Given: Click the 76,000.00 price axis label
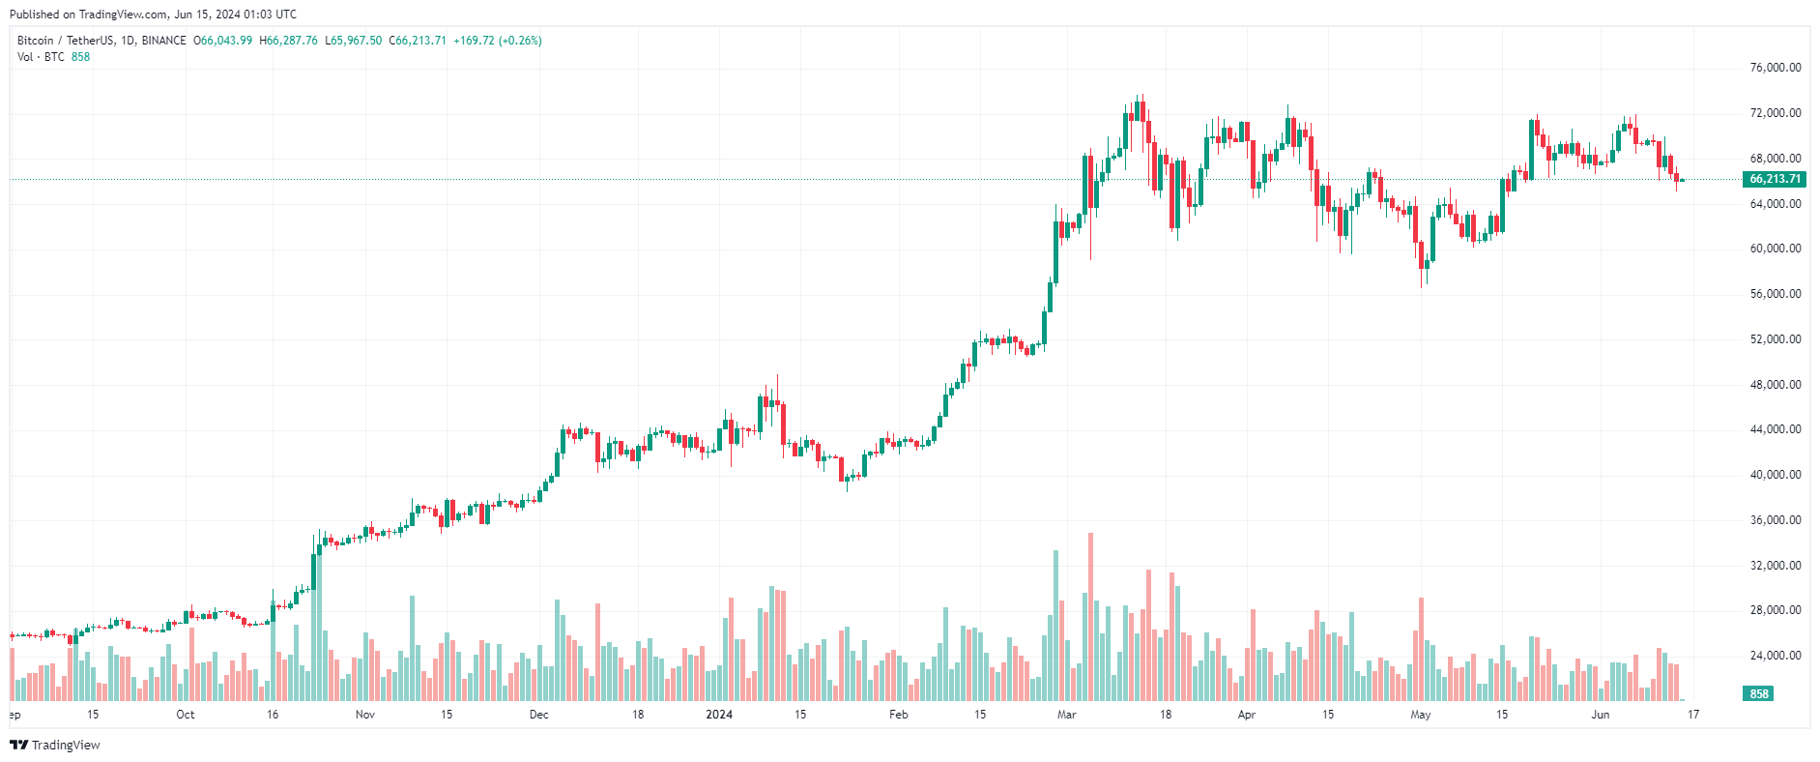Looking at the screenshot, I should click(1776, 68).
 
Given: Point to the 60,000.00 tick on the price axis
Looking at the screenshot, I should click(1776, 249).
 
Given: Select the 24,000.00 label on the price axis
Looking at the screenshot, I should click(1776, 656).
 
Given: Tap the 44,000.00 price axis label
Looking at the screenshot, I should click(1776, 429).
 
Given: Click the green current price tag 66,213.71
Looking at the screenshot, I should click(1776, 179).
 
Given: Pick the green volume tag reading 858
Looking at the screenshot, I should click(1759, 694).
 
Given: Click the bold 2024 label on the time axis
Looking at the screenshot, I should click(719, 715).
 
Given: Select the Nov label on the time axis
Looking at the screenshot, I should click(364, 715).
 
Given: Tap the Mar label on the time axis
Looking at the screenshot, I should click(1066, 715).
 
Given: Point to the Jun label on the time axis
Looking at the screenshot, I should click(1601, 715).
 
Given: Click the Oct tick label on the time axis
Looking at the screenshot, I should click(185, 715).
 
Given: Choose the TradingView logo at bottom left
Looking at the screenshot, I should click(55, 745).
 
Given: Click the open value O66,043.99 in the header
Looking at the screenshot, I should click(223, 41).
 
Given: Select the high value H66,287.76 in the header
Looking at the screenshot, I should click(289, 41).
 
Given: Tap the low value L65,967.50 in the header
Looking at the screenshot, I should click(354, 41).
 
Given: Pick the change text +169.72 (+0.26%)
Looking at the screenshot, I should click(498, 41).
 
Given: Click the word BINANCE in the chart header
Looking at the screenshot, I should click(163, 41).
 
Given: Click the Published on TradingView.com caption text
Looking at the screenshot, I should click(153, 15).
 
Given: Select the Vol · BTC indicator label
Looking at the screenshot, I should click(41, 57).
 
